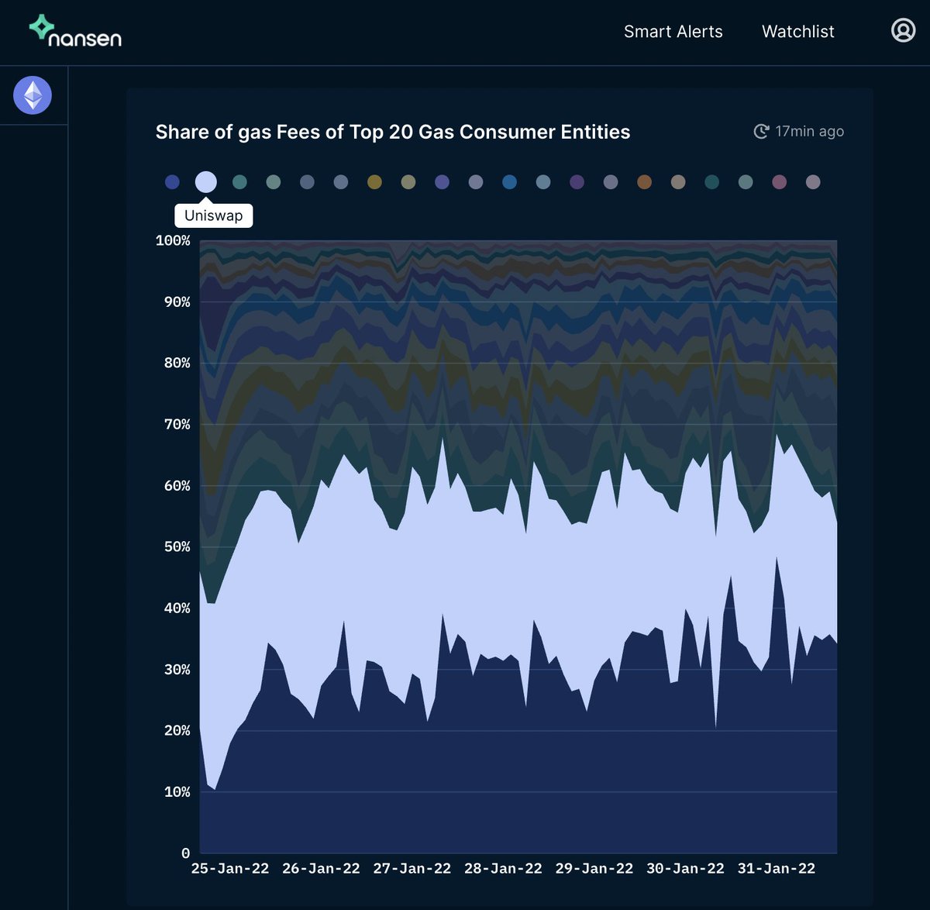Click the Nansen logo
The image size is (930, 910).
point(75,31)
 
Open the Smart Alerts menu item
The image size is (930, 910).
point(673,32)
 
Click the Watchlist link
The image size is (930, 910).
point(797,32)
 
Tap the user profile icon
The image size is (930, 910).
point(903,30)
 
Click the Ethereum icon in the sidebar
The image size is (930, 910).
point(33,95)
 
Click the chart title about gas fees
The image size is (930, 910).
point(392,132)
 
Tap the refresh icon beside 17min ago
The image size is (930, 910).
point(761,132)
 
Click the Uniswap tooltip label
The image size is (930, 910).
point(213,215)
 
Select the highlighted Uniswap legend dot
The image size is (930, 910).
point(205,182)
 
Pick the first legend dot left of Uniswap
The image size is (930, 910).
point(172,182)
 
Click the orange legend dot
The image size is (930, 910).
point(644,182)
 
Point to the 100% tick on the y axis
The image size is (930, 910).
point(173,240)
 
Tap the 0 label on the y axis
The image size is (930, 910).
point(185,853)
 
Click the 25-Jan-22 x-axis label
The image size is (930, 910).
point(230,869)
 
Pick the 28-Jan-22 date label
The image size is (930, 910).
point(503,869)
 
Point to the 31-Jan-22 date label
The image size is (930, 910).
point(776,869)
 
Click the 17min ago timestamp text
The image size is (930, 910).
point(809,132)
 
